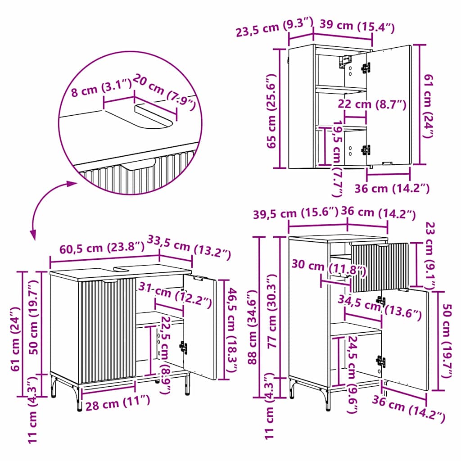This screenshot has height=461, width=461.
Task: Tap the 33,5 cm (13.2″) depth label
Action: pyautogui.click(x=189, y=247)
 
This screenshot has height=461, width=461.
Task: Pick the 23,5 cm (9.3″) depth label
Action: pyautogui.click(x=274, y=27)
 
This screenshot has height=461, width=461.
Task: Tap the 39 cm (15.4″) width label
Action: pyautogui.click(x=357, y=26)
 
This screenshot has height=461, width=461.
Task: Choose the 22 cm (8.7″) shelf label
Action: pyautogui.click(x=372, y=104)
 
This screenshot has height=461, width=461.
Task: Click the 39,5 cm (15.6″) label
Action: pyautogui.click(x=295, y=213)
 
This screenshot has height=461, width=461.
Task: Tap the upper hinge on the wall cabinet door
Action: pyautogui.click(x=366, y=68)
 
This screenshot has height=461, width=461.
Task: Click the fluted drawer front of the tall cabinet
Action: pyautogui.click(x=380, y=267)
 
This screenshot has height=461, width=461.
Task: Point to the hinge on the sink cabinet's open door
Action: pyautogui.click(x=184, y=348)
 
